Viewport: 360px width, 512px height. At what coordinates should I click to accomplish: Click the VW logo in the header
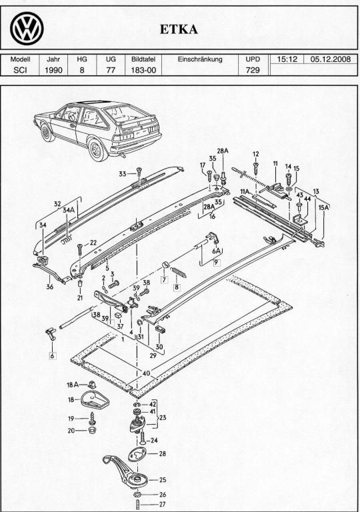tap(27, 29)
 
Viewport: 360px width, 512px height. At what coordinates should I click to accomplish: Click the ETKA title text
tap(179, 30)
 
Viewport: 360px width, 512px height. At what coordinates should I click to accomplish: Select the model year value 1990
tap(53, 70)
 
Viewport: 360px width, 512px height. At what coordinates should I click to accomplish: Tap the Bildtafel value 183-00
tap(143, 70)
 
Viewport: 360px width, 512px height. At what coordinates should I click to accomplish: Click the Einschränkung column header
tap(200, 59)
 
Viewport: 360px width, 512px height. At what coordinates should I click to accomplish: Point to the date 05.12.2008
tap(330, 59)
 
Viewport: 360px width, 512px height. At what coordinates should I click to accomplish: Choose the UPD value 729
tap(253, 70)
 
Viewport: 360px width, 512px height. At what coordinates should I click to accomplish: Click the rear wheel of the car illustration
tap(98, 149)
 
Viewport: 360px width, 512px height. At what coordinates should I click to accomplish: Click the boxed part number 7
tap(164, 279)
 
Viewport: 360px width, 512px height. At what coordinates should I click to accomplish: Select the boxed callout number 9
tap(216, 262)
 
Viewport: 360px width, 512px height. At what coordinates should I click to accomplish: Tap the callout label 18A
tap(73, 385)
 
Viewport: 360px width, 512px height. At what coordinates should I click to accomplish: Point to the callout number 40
tap(146, 373)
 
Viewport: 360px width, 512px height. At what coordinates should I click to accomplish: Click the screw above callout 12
tap(256, 169)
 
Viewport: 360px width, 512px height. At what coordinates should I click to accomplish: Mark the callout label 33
tap(123, 174)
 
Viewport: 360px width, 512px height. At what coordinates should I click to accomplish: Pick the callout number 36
tap(49, 287)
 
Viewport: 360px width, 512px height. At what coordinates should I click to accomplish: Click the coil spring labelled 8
tap(178, 272)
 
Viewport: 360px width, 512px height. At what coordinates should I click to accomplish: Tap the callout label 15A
tap(324, 207)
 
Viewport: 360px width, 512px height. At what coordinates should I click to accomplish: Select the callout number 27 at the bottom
tap(162, 504)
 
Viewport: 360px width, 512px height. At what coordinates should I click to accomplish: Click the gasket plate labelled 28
tap(137, 454)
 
